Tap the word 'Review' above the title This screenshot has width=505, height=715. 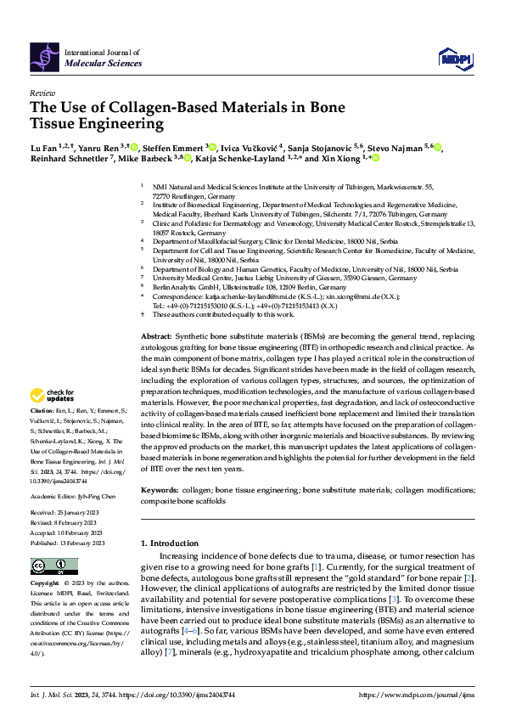(x=42, y=92)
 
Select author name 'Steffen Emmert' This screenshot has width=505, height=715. (x=174, y=147)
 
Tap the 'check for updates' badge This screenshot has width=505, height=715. (x=52, y=395)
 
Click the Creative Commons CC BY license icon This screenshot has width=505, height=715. (x=49, y=567)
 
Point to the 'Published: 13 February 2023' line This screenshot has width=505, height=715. (x=68, y=542)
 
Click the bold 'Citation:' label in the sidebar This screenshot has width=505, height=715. (x=42, y=410)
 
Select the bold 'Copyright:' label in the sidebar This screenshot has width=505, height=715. (x=46, y=584)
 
